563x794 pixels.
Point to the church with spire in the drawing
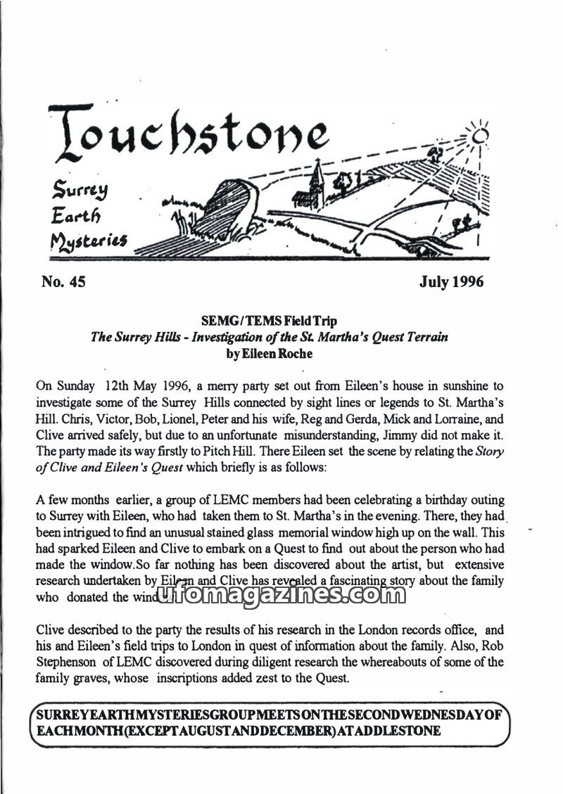[317, 184]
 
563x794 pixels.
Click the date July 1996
[451, 283]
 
